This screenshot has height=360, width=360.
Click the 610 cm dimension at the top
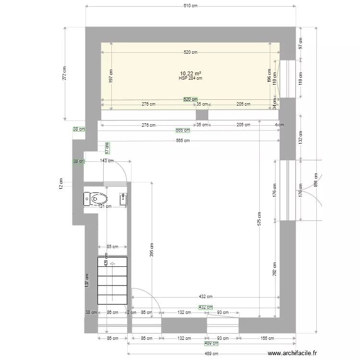click(x=191, y=6)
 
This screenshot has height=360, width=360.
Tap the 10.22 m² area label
click(x=191, y=73)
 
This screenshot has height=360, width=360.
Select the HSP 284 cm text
click(x=191, y=78)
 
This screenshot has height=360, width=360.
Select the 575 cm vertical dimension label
click(x=259, y=218)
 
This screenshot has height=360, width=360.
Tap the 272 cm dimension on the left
click(x=65, y=72)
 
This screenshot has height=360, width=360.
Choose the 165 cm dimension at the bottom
click(x=267, y=338)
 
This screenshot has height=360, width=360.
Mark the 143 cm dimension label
click(x=107, y=161)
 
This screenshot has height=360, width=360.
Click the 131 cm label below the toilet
click(x=105, y=206)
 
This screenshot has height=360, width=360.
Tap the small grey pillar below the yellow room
click(x=202, y=115)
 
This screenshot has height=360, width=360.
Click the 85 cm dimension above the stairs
click(x=112, y=247)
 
